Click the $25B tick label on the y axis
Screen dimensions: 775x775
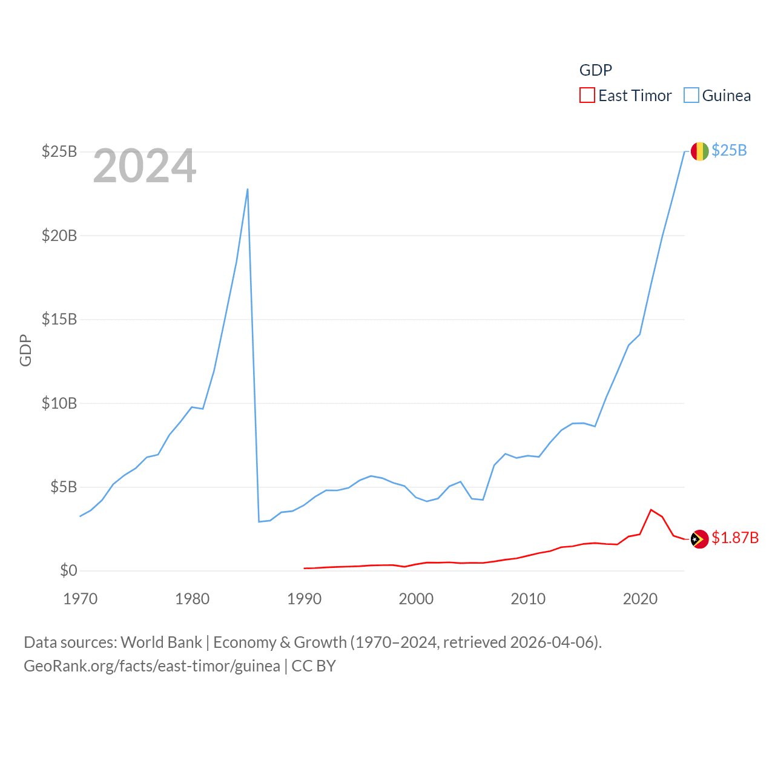point(59,151)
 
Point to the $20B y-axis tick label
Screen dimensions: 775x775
point(59,236)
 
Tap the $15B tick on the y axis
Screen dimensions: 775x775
point(59,319)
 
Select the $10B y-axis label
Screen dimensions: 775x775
point(59,403)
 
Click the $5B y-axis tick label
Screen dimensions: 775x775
point(64,487)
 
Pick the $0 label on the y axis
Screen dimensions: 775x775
point(68,570)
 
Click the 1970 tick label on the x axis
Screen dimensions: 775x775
point(81,599)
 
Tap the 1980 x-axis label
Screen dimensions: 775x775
point(192,599)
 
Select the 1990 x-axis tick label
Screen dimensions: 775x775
point(304,599)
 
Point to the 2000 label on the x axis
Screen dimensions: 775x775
point(416,599)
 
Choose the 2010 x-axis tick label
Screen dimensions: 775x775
point(528,599)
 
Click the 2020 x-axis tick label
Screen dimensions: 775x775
point(640,599)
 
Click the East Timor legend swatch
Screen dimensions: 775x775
point(587,96)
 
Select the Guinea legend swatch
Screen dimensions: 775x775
point(691,96)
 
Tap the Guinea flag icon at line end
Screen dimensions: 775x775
point(699,151)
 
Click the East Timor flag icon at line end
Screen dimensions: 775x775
point(699,539)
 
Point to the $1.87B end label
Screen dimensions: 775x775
point(735,538)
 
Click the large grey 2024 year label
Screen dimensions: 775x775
point(145,166)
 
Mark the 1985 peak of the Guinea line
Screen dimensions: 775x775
point(248,189)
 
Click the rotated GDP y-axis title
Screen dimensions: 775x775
point(25,350)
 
